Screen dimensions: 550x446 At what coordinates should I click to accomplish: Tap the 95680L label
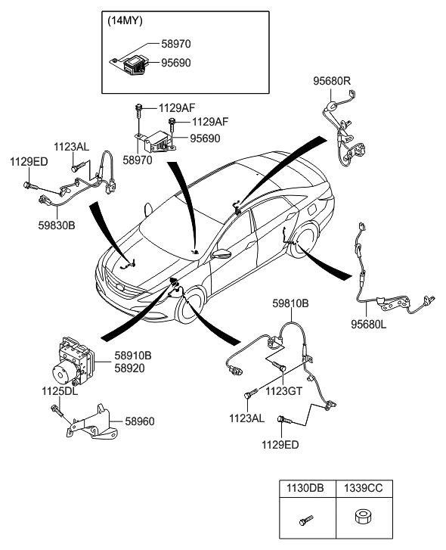368,324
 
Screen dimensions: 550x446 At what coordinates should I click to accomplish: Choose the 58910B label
133,355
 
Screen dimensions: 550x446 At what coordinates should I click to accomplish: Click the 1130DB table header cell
305,489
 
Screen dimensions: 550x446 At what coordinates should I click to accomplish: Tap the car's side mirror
221,255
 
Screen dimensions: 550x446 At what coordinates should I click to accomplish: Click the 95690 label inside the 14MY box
175,64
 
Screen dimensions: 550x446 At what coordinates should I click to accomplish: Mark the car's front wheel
193,305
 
